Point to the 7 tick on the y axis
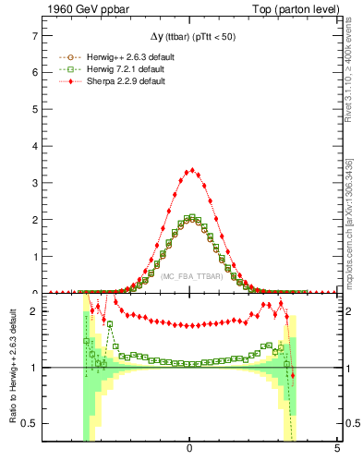35,37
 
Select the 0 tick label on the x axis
189,449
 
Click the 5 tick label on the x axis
336,449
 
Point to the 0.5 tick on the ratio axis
30,423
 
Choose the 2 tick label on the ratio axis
35,311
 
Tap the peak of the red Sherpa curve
191,170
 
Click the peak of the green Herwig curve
190,217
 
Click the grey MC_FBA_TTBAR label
189,276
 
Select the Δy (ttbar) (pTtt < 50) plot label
189,39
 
